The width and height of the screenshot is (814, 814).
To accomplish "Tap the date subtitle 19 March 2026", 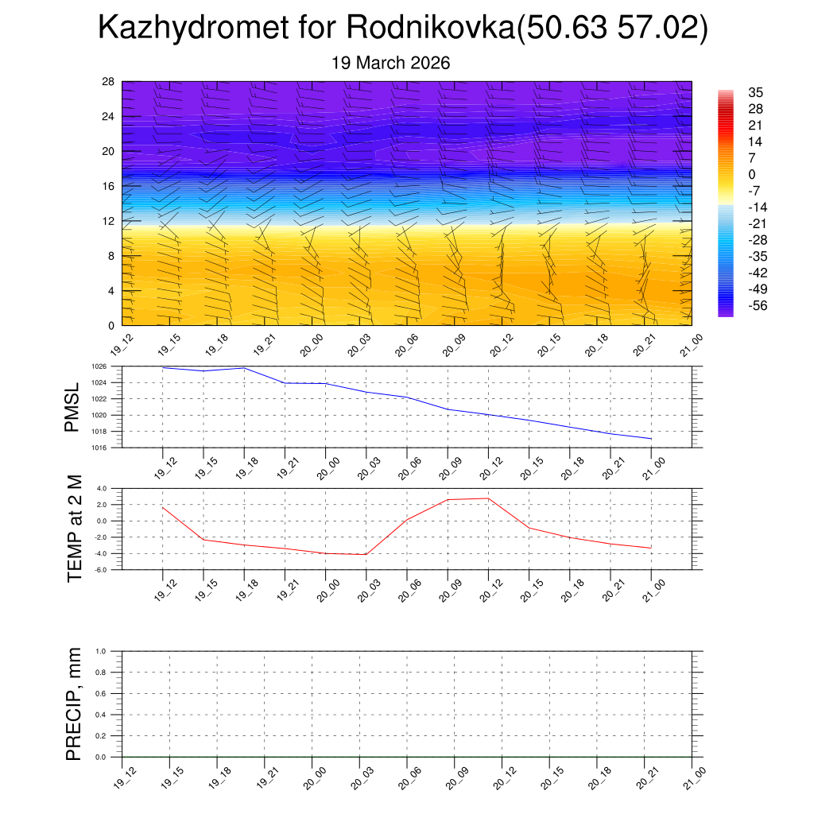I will [x=391, y=63].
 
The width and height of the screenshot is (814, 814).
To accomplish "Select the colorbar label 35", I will [x=756, y=92].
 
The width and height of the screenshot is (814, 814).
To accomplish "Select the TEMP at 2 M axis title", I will [x=75, y=529].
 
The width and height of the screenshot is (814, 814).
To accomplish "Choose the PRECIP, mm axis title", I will [x=74, y=704].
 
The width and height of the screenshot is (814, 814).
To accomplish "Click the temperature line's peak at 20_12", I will [x=488, y=498].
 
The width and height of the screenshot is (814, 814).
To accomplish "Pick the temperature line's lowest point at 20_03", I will [x=366, y=554].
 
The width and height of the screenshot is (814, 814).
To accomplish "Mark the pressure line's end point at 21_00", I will [x=651, y=439].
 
